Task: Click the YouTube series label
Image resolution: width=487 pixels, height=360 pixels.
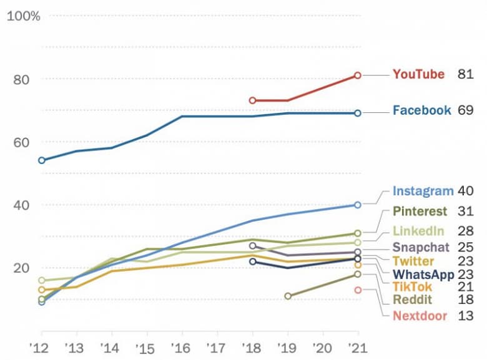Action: pos(418,74)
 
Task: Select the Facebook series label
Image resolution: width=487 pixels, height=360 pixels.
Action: pos(421,110)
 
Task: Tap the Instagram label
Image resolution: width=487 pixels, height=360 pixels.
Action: pos(423,192)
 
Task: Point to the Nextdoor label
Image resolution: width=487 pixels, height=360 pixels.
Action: pos(420,316)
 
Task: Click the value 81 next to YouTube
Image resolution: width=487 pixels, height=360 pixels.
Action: pos(466,74)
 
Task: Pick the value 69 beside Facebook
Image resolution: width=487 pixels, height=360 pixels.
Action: pos(466,110)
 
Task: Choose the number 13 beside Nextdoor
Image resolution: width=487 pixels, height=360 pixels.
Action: pos(466,316)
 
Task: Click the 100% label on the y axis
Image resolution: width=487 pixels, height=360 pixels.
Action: pos(23,16)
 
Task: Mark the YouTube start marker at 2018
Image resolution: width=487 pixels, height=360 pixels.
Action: pos(252,100)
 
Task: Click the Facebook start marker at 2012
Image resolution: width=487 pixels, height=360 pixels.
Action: pos(41,160)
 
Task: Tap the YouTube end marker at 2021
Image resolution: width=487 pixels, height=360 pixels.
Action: pos(358,75)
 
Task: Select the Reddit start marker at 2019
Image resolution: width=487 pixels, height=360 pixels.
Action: pos(287,296)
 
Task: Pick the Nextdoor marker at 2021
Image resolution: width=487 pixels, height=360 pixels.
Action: pos(358,289)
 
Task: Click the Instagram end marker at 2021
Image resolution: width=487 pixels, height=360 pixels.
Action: pos(358,205)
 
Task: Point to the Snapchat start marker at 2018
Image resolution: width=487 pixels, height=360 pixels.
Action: pos(252,246)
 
